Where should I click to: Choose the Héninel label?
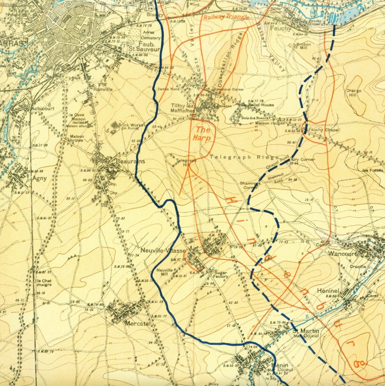click(329, 289)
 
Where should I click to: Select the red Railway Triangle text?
click(226, 17)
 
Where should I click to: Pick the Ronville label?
click(103, 89)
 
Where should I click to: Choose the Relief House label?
click(261, 104)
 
